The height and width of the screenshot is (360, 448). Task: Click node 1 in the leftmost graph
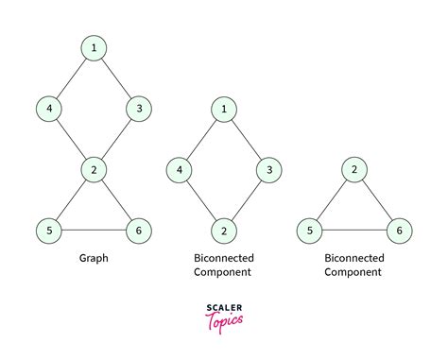93,47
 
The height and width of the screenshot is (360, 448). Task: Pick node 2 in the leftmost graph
93,170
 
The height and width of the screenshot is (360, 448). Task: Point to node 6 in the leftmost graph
139,230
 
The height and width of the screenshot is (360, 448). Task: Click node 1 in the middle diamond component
223,110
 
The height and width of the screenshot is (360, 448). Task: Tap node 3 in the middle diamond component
269,170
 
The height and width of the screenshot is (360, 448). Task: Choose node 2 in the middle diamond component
223,231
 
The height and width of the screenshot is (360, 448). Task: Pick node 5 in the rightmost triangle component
307,231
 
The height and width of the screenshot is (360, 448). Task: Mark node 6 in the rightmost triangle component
400,231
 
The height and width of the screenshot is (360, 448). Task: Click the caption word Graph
93,256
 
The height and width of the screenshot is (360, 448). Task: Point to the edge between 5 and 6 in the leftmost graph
93,230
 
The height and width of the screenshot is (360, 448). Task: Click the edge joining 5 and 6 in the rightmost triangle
353,231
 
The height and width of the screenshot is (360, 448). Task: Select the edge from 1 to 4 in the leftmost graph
70,77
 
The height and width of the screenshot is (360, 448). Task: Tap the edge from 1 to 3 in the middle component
247,140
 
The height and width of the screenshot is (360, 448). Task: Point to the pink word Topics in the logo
224,321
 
